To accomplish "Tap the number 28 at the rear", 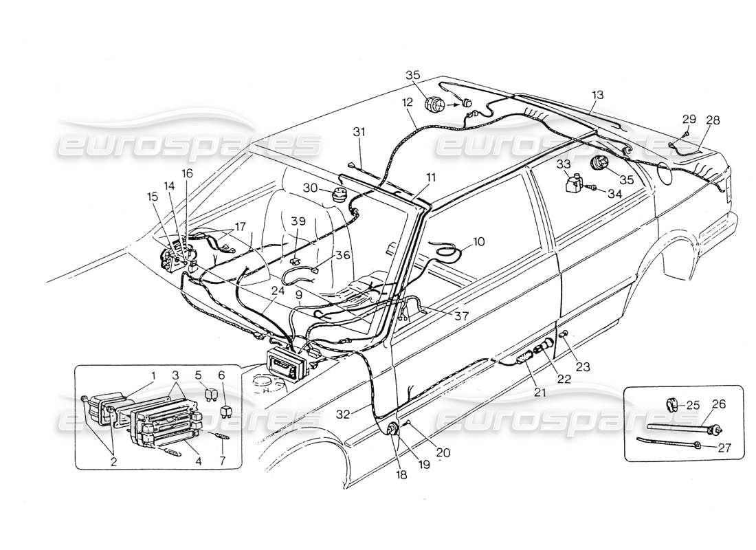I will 713,120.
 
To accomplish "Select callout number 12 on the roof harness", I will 408,102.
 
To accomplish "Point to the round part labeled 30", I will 339,192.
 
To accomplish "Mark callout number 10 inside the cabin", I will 478,242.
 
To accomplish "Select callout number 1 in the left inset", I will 154,375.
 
